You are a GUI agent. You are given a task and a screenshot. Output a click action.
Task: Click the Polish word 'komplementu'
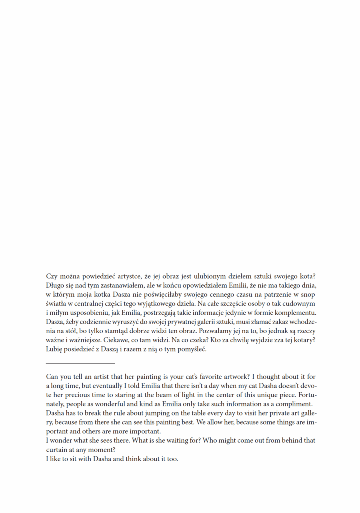[294, 313]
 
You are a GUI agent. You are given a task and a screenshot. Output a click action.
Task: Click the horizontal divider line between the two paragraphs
[80, 363]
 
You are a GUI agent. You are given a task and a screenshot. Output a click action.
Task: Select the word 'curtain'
[58, 450]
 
